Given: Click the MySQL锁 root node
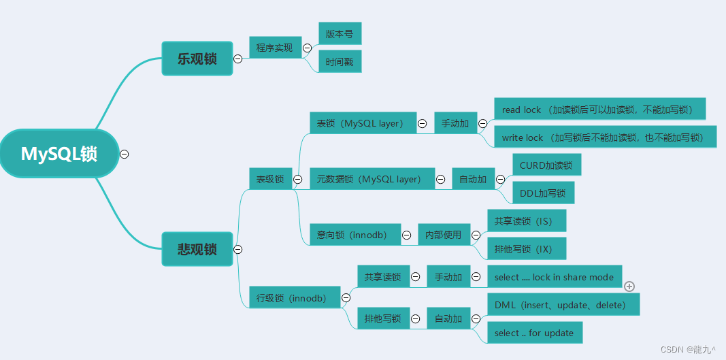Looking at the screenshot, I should coord(59,154).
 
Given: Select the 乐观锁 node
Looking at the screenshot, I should coord(197,59).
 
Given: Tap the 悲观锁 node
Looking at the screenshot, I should coord(197,249).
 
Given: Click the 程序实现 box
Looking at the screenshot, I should coord(275,48).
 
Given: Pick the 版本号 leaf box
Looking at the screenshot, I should coord(340,33).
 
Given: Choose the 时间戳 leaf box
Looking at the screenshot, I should coord(340,61).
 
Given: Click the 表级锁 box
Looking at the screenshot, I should coord(270,179).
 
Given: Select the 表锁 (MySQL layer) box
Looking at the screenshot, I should coord(362,123).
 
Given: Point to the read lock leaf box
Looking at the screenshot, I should coord(599,109).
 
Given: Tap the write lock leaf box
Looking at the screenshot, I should coord(604,137).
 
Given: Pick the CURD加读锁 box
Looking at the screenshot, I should coord(546,165).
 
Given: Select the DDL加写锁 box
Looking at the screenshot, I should coord(542,193).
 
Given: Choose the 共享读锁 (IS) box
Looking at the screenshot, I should coord(526,220).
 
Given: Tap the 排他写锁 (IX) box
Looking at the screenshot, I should coord(526,248).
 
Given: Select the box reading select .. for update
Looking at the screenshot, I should coord(534,333).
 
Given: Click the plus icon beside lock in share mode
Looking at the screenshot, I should coord(629,287).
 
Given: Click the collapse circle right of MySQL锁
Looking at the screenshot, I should coord(125,154).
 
